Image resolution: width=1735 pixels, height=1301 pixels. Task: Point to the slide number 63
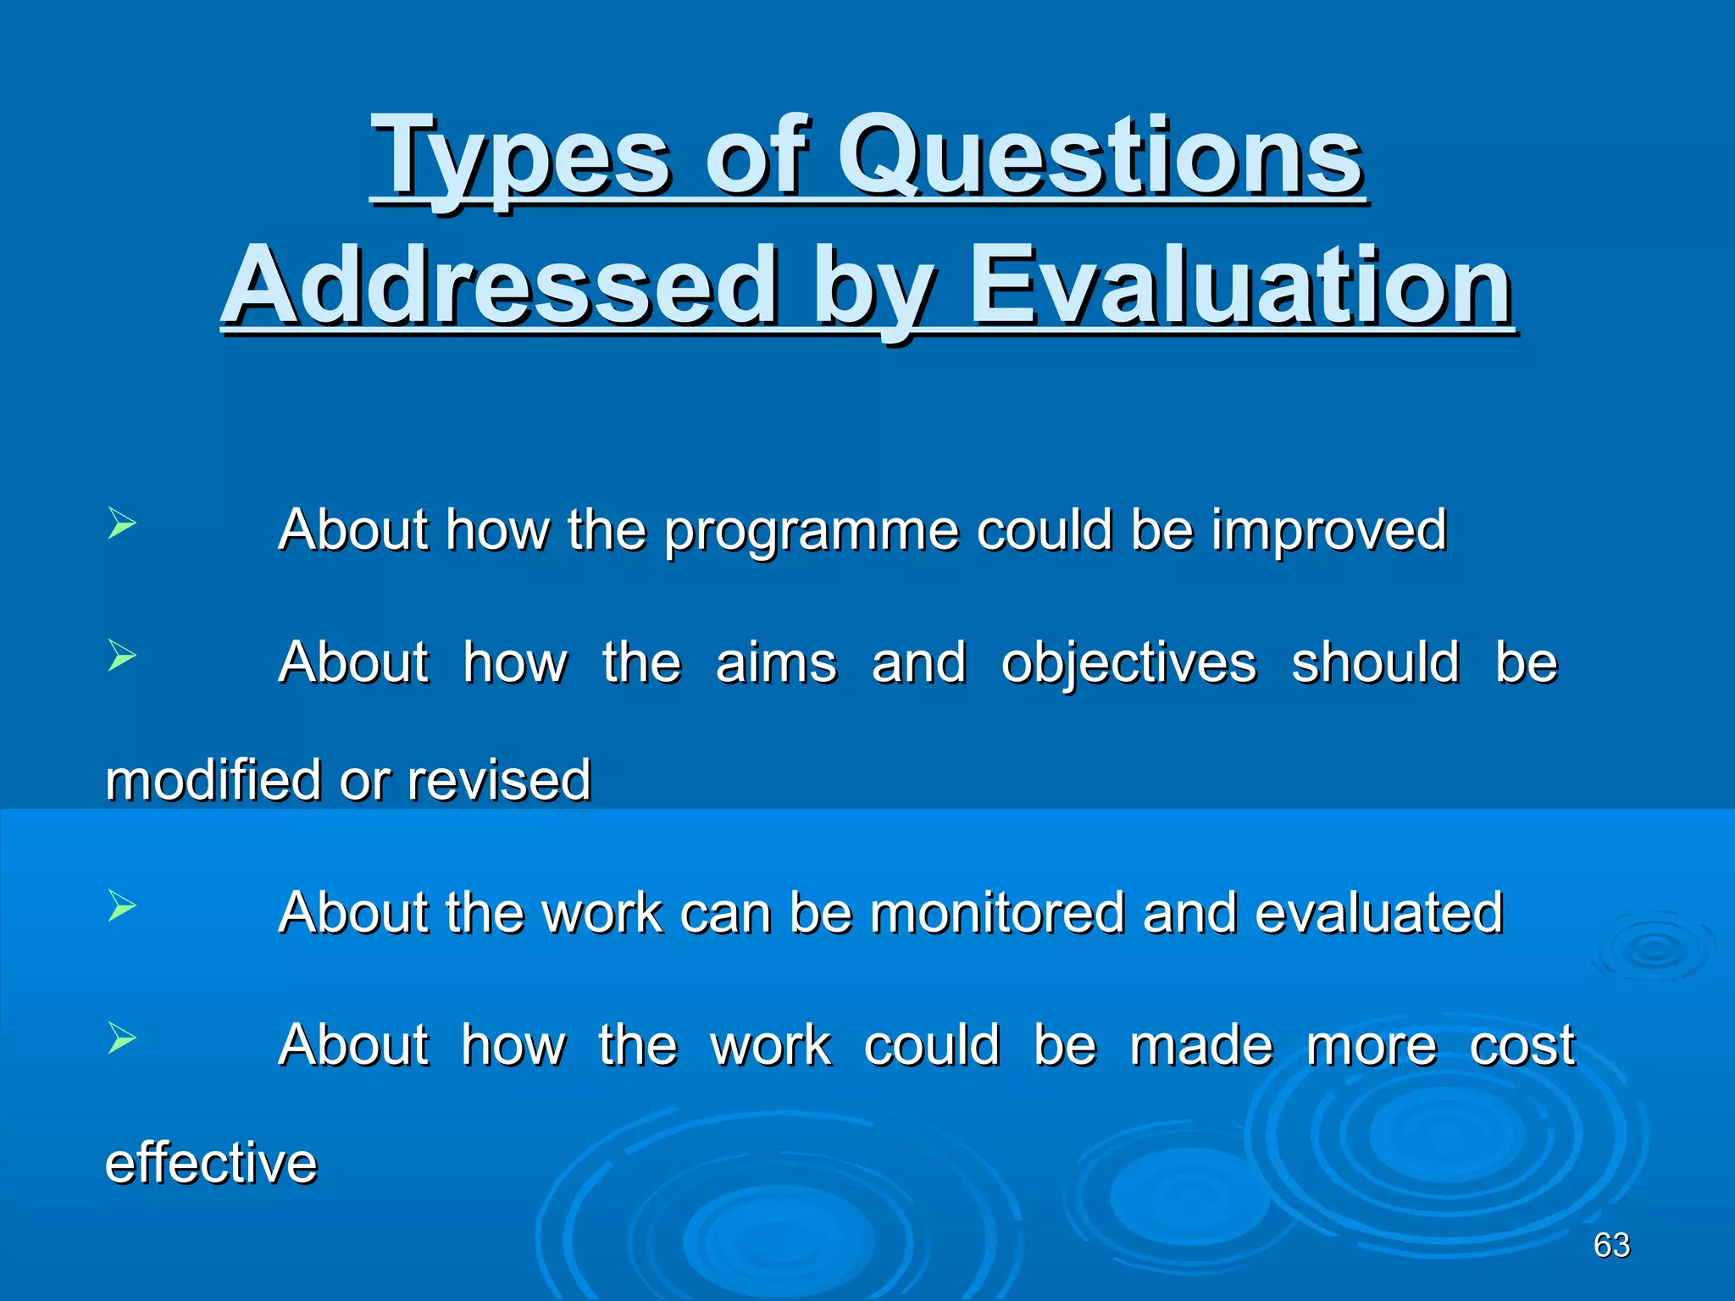[x=1610, y=1245]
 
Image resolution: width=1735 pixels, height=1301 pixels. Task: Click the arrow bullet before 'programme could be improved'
[x=122, y=523]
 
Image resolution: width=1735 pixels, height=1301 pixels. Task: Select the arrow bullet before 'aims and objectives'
[x=122, y=656]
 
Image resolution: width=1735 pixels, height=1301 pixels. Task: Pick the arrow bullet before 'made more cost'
[x=122, y=1038]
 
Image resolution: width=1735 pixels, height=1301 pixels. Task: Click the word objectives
[x=1128, y=663]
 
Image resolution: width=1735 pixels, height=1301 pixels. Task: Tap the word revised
[x=498, y=780]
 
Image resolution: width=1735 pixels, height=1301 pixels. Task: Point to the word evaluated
[x=1378, y=913]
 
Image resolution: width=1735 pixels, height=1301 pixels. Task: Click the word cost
[x=1522, y=1045]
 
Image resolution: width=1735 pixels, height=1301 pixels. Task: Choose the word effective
[x=211, y=1163]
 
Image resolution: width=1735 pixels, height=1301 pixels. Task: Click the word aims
[x=776, y=663]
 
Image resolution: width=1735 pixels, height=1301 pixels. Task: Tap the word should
[x=1375, y=663]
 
